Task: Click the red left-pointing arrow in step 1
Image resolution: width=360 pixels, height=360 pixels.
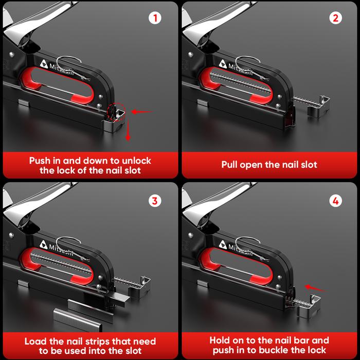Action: [142, 112]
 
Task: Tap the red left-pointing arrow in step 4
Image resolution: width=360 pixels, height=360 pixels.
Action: [315, 288]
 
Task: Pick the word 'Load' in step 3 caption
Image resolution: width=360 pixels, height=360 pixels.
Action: [36, 341]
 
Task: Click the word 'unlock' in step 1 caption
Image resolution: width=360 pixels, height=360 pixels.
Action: [133, 160]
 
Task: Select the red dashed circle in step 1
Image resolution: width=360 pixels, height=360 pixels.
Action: [117, 111]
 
